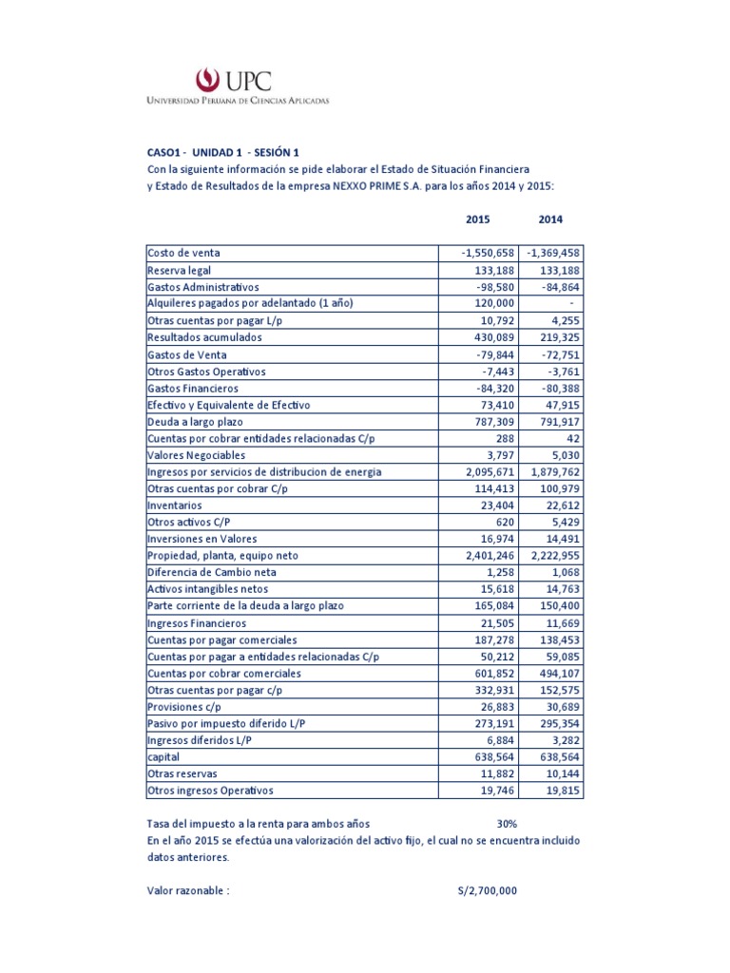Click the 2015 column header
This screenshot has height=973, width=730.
478,219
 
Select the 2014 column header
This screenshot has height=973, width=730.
550,219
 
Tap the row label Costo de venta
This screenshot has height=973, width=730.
184,253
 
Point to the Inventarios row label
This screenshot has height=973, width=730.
175,506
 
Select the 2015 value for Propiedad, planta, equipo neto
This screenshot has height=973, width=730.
483,557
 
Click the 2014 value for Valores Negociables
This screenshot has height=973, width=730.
563,455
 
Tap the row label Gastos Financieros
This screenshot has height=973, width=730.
193,388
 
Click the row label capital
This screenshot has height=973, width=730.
163,756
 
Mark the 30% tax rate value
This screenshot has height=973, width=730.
506,824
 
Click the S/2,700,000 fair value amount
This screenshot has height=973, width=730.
487,891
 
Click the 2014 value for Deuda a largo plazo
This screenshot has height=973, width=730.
557,422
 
